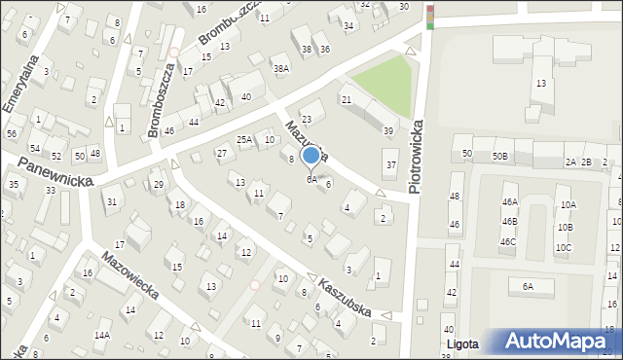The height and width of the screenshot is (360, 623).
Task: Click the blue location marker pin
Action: click(x=311, y=156)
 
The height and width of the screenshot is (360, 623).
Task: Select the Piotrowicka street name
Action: click(x=418, y=156)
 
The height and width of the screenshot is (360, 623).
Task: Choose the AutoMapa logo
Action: click(x=560, y=342)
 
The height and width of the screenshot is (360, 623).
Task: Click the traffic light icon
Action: click(x=430, y=17)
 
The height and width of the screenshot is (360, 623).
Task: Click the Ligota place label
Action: click(x=464, y=344)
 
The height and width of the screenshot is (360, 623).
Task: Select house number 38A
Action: click(x=281, y=69)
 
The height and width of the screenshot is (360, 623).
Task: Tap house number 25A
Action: click(x=244, y=140)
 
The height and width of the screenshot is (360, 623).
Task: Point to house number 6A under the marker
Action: click(x=311, y=179)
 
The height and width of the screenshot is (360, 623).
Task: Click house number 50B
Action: click(x=500, y=156)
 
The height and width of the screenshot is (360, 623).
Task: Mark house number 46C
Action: click(x=508, y=241)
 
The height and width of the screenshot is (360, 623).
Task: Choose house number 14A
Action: click(x=102, y=335)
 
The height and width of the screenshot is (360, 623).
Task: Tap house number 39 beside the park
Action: click(x=388, y=131)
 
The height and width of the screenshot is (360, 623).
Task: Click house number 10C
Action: click(x=564, y=247)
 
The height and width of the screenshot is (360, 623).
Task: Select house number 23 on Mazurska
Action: click(x=307, y=119)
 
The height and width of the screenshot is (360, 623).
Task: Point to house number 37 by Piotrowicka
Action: click(x=391, y=165)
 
